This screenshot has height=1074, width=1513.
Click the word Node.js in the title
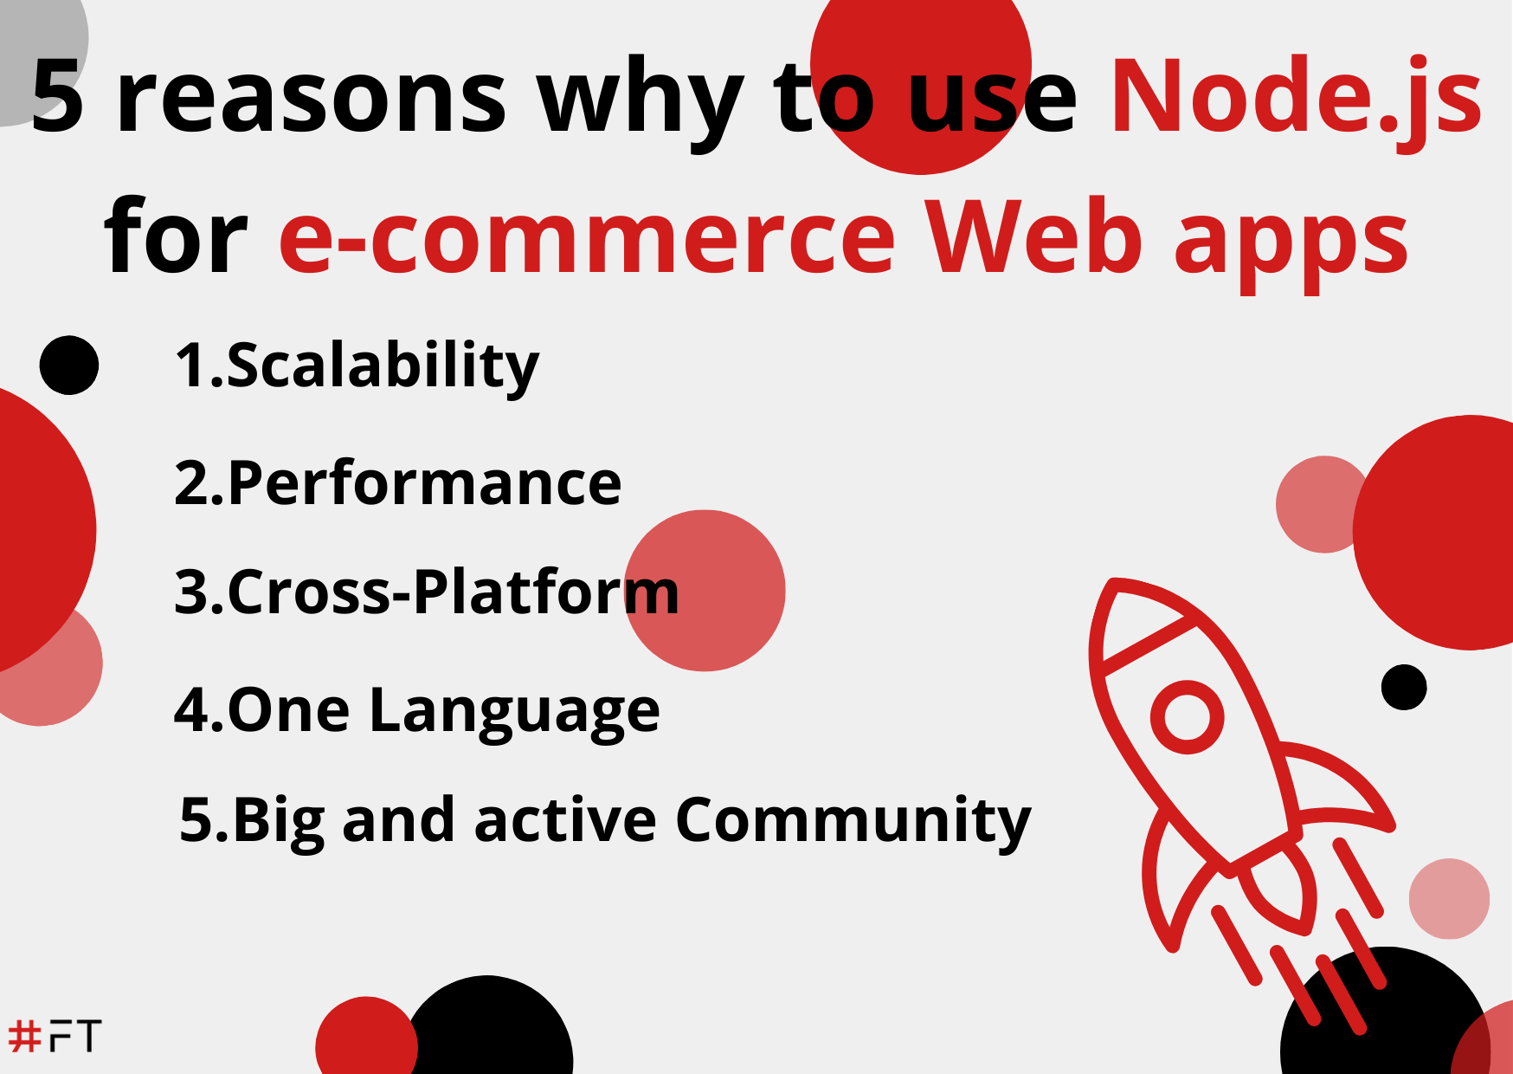coord(1296,97)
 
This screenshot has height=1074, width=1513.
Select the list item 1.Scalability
coord(357,366)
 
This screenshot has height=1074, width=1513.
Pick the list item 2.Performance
coord(397,483)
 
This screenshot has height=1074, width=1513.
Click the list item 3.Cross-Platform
coord(426,592)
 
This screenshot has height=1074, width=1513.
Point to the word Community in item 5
coord(853,819)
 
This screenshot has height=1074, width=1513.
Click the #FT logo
coord(55,1036)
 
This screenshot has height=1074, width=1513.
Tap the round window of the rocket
coord(1187,716)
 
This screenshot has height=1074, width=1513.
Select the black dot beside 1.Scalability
coord(69,366)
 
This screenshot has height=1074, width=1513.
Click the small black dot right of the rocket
coord(1403,687)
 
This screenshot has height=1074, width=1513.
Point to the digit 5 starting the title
coord(57,97)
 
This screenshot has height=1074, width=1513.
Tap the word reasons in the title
coord(311,97)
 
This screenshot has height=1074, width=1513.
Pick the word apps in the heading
coord(1291,243)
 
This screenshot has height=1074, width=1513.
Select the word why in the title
coord(640,100)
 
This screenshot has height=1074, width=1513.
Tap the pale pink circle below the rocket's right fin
coord(1449,898)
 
